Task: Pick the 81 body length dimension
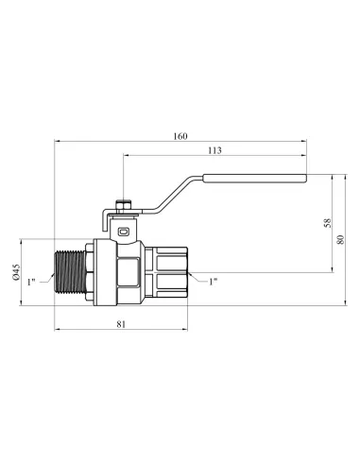(x=121, y=324)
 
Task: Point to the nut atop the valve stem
(x=123, y=202)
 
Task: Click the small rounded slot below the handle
(x=123, y=229)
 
